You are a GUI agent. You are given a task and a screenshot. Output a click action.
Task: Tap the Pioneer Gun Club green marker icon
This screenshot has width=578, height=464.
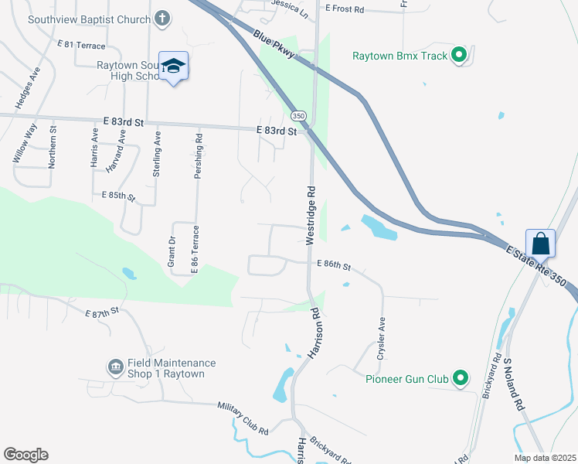pos(461,379)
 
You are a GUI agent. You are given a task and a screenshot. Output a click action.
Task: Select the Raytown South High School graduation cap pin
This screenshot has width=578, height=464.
pos(174,67)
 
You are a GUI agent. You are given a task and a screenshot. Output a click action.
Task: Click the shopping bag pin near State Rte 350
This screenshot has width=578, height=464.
pos(541,244)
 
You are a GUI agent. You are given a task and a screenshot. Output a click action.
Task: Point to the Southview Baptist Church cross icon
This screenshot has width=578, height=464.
pos(161,18)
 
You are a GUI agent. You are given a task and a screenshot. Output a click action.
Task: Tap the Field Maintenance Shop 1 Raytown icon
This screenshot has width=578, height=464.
pos(116,366)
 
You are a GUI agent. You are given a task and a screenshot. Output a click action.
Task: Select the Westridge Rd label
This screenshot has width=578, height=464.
pos(311,215)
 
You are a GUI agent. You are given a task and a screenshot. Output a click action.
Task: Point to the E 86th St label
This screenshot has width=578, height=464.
pos(334,264)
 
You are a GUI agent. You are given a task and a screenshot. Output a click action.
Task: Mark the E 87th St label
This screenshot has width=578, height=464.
pos(103,311)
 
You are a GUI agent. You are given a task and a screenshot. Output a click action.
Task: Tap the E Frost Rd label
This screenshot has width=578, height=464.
pos(344,8)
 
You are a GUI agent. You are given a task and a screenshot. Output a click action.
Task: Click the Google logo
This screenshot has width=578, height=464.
pos(25,455)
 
